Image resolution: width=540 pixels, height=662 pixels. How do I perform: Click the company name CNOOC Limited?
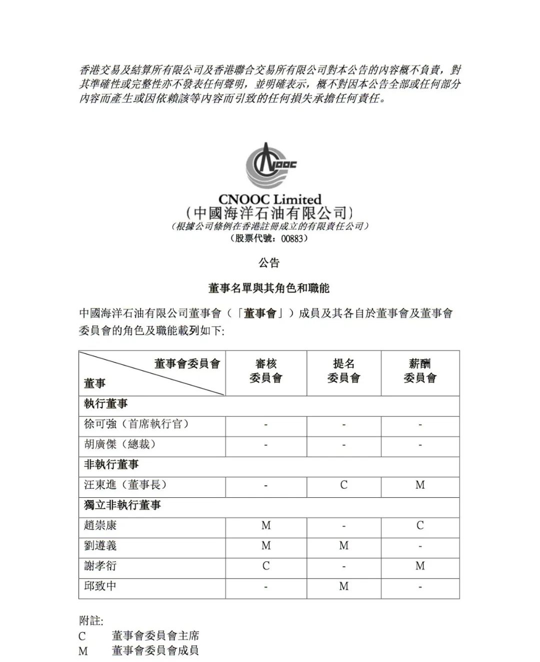pos(269,199)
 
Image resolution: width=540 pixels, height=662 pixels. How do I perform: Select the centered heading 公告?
pos(269,263)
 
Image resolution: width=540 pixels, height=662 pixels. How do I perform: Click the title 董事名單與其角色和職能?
pos(269,289)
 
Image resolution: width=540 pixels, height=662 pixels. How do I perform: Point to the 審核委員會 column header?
pos(266,371)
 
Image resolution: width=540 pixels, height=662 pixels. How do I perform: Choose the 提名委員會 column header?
pos(343,371)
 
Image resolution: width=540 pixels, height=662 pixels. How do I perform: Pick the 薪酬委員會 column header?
pos(420,371)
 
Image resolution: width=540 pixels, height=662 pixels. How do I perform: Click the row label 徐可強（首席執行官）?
pos(136,424)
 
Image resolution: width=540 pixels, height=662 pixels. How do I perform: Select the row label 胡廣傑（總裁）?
pos(120,444)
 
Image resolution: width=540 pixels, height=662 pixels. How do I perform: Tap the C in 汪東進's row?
pos(343,485)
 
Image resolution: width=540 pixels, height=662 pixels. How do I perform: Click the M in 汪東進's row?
pos(420,485)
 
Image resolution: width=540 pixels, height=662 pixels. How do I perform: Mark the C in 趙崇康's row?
pos(420,525)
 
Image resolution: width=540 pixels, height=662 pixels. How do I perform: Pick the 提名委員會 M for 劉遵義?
pos(343,546)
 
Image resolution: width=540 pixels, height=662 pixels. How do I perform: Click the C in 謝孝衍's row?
pos(266,566)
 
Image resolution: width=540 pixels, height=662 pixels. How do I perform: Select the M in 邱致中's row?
pos(343,587)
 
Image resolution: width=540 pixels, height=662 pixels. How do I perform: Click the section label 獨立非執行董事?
pos(122,505)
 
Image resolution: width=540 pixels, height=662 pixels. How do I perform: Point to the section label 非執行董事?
pos(111,465)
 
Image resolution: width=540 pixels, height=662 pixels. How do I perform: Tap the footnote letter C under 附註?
pos(82,636)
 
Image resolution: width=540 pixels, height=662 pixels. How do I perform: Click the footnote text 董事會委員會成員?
pos(155,651)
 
